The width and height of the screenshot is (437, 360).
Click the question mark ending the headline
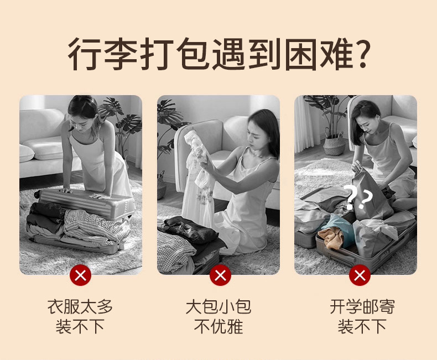click(361, 54)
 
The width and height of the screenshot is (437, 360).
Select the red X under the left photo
click(81, 275)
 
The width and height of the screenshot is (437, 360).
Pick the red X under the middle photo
click(221, 275)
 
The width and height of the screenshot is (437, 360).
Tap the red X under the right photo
click(360, 275)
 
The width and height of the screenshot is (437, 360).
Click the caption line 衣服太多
click(80, 307)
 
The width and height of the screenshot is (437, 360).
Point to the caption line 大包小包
click(218, 307)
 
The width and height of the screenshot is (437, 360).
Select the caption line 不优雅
click(218, 326)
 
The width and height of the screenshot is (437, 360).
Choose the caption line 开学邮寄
click(362, 307)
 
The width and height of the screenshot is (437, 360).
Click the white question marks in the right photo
click(358, 197)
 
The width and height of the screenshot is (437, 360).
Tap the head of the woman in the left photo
click(82, 112)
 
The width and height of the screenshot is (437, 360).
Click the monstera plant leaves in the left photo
click(123, 117)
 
